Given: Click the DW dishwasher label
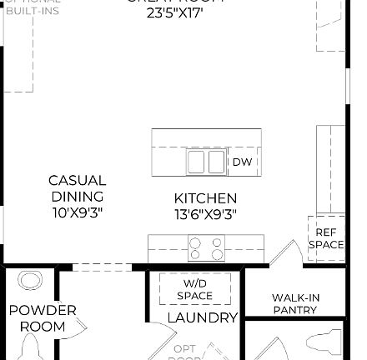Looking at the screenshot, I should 242,162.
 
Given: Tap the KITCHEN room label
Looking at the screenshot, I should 205,198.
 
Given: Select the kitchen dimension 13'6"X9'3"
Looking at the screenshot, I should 205,214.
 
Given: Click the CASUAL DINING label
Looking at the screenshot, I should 77,188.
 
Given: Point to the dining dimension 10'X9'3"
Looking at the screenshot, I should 77,212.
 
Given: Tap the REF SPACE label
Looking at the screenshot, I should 326,238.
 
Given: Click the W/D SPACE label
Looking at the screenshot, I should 195,290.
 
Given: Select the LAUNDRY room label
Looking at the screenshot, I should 203,318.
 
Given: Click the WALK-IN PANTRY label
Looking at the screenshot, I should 295,303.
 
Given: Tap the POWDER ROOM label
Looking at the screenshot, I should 42,318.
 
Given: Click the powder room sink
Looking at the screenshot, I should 31,281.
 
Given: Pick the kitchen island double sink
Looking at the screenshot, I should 206,161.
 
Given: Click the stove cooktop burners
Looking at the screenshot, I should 206,248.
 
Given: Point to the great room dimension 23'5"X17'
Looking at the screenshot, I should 174,13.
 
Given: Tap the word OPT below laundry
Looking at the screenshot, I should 185,349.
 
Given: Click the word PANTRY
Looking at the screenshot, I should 295,310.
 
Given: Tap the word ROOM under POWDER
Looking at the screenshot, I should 42,327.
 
